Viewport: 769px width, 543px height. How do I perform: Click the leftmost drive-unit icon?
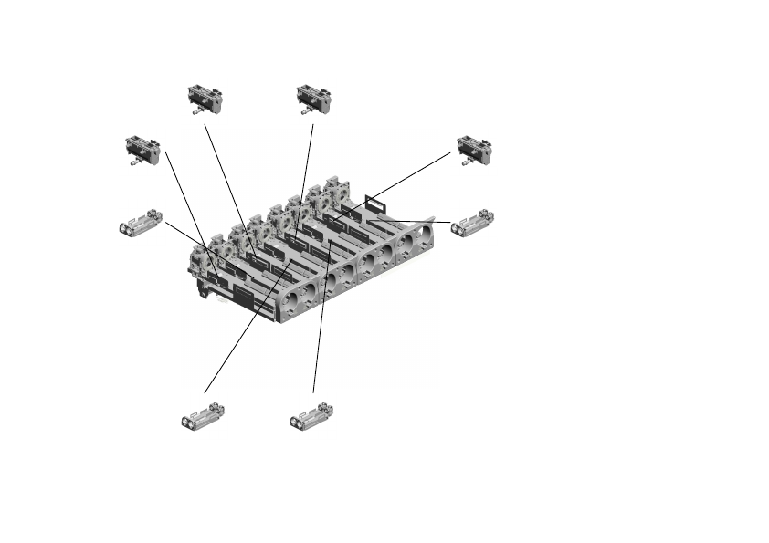click(x=142, y=149)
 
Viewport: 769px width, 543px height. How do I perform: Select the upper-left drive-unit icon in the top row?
click(x=205, y=98)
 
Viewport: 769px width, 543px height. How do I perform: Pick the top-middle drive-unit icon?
click(x=313, y=98)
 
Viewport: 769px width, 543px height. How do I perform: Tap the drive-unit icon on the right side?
click(x=474, y=149)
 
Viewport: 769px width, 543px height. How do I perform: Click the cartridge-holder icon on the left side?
click(x=141, y=223)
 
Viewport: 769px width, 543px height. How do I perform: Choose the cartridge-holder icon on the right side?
click(x=473, y=223)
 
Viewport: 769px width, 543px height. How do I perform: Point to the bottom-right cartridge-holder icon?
click(x=311, y=418)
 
